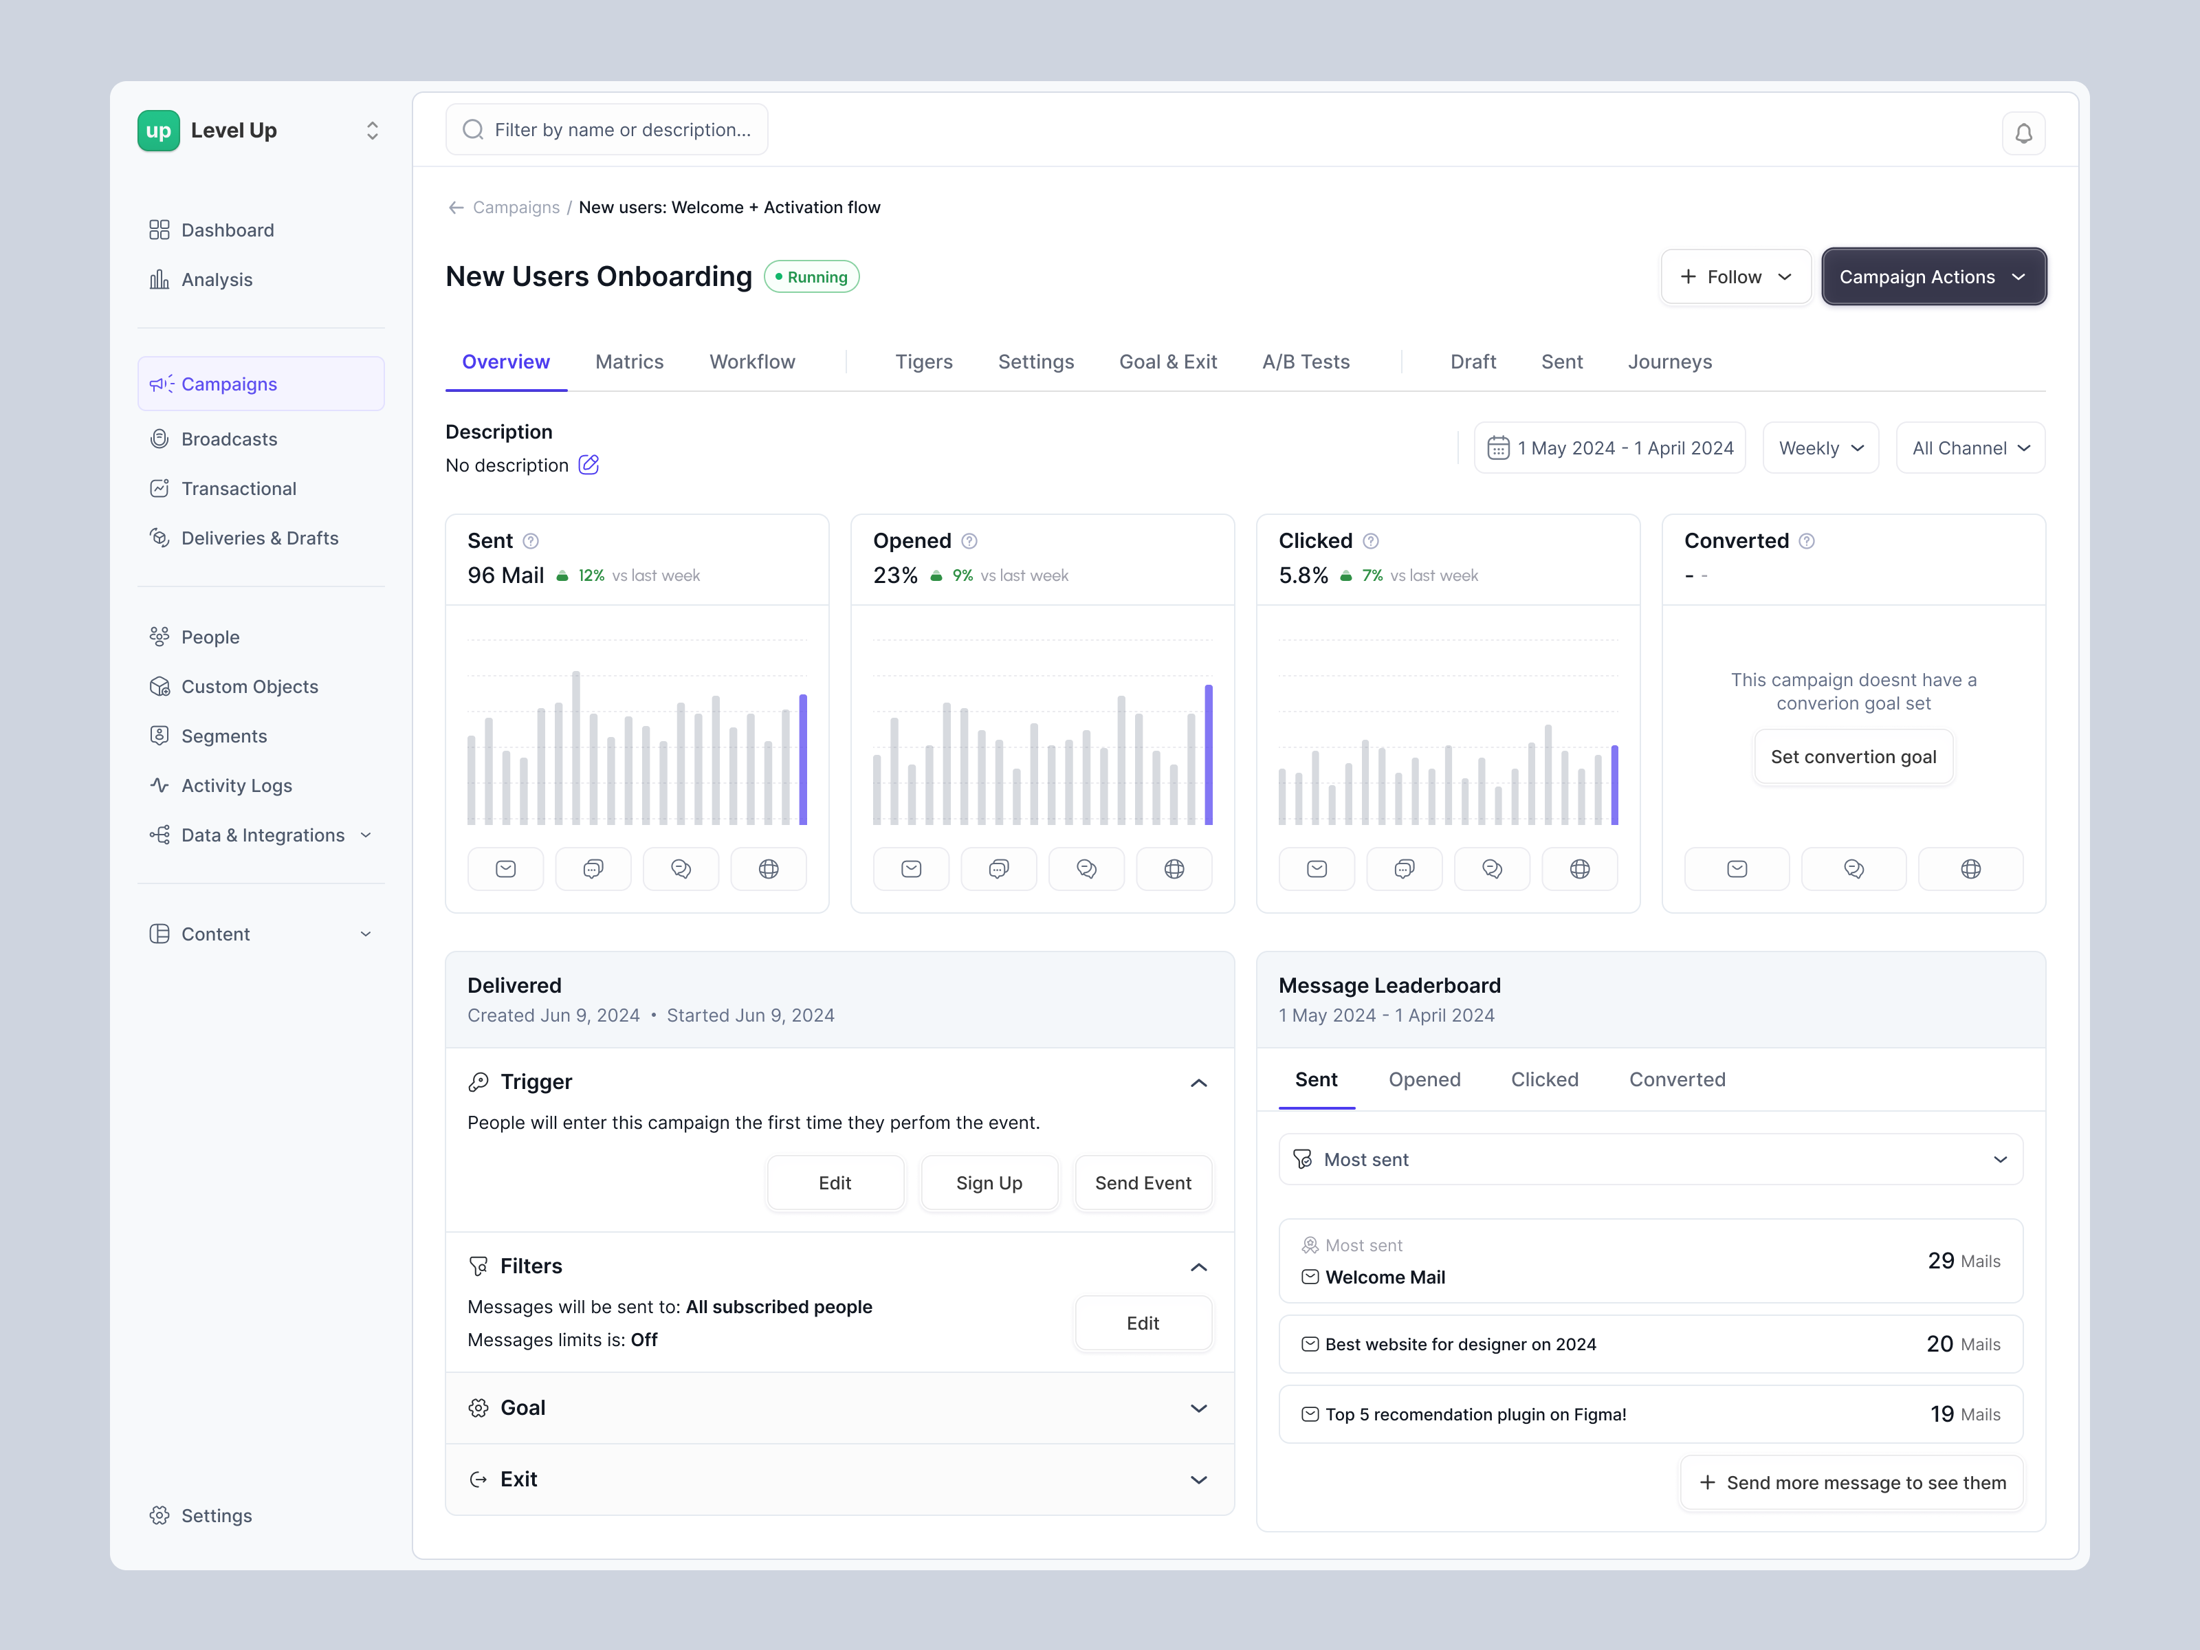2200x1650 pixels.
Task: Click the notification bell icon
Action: click(2023, 133)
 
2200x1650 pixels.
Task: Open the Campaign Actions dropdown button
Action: click(1933, 276)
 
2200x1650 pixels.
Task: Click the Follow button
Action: click(1735, 276)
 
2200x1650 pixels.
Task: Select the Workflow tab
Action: click(752, 362)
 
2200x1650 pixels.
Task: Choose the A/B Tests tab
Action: click(1305, 362)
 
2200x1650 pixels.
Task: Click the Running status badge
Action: click(811, 276)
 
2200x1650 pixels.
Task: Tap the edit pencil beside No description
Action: click(588, 465)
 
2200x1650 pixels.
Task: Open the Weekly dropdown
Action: click(1820, 448)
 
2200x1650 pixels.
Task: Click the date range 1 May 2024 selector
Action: click(1609, 448)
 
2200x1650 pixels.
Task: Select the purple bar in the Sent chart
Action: click(802, 760)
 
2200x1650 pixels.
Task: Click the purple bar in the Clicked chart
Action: click(1614, 784)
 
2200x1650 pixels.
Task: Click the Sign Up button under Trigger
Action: click(989, 1182)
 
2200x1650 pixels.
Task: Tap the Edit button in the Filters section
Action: click(1143, 1323)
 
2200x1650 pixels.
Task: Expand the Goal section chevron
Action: click(1198, 1408)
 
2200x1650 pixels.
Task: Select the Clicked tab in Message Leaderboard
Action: click(1543, 1079)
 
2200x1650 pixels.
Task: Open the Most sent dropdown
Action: click(1650, 1160)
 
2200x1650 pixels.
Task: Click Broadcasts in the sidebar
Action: click(229, 439)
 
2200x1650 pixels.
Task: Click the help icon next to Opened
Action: click(969, 541)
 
